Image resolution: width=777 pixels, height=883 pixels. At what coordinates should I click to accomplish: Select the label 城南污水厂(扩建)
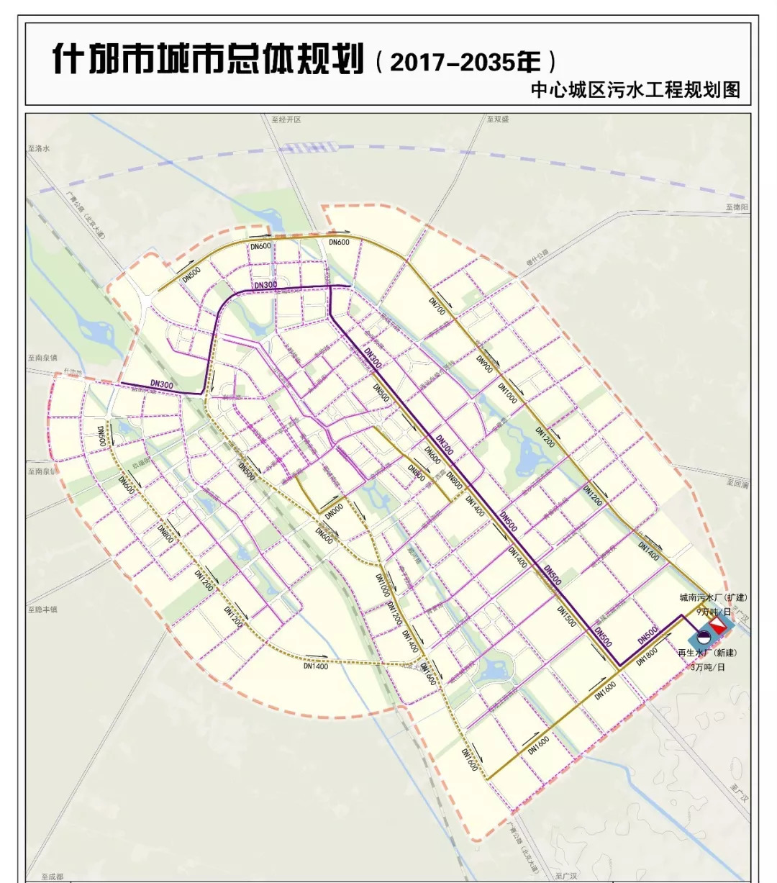tap(713, 597)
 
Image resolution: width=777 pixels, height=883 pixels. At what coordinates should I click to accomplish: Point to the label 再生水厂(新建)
tap(707, 653)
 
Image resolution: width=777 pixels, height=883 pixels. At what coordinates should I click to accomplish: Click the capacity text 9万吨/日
tap(712, 611)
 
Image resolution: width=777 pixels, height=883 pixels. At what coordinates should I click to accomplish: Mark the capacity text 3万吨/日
tap(707, 667)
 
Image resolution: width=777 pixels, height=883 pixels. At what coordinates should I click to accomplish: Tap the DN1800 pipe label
tap(647, 656)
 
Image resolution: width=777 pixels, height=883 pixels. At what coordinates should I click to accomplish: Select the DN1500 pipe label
tap(566, 616)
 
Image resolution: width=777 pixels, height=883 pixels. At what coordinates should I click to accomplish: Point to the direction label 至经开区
tap(286, 119)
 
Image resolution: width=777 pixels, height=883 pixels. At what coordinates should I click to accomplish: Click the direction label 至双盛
tap(497, 119)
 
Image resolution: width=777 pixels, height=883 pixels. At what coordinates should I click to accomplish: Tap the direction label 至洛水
tap(39, 148)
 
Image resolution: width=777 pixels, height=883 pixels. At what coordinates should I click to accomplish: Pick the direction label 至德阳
tap(737, 207)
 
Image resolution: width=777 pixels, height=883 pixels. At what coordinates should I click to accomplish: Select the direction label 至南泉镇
tap(42, 358)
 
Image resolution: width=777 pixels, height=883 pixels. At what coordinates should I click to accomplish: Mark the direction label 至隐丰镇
tap(42, 610)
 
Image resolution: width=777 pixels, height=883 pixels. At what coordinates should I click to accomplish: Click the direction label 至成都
tap(52, 877)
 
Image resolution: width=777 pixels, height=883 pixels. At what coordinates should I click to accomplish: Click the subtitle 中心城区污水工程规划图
tap(635, 90)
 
